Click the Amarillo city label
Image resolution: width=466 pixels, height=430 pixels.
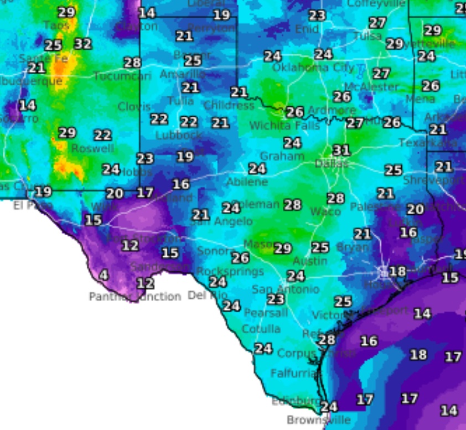tap(182, 74)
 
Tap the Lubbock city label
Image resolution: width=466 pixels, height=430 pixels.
tap(179, 135)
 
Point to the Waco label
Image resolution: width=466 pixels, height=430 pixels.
tap(325, 211)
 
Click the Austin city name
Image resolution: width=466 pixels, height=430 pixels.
tap(310, 261)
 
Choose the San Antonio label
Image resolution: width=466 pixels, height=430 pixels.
tap(285, 289)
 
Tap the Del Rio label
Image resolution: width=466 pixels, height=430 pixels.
tap(208, 295)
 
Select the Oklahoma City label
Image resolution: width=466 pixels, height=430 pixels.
tap(313, 68)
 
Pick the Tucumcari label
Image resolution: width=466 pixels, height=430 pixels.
tap(122, 76)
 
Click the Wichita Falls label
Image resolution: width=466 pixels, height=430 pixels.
tap(284, 126)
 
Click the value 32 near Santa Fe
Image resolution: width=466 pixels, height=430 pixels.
tap(82, 43)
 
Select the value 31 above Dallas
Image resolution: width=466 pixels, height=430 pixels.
tap(341, 150)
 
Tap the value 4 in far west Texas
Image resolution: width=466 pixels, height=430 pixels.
tap(103, 274)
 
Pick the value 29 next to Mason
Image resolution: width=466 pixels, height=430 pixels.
tap(282, 248)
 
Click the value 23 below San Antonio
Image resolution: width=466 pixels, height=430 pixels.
tap(275, 299)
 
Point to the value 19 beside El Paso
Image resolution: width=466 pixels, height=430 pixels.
tap(43, 192)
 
